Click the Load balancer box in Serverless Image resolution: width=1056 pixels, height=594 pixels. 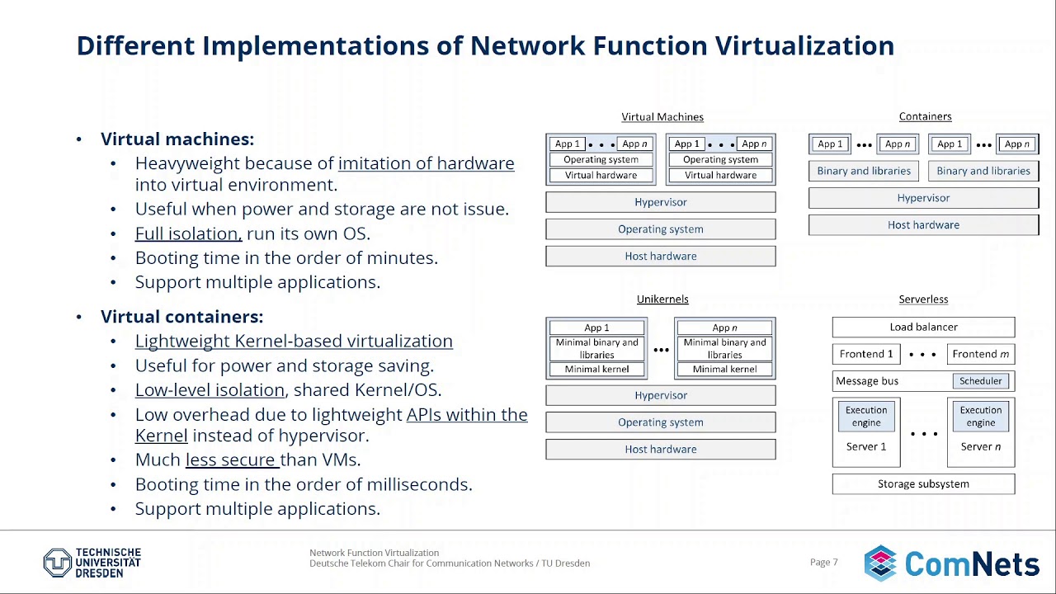click(x=923, y=328)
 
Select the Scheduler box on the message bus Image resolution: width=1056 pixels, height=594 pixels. click(x=980, y=381)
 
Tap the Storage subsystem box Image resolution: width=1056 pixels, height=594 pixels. click(x=923, y=484)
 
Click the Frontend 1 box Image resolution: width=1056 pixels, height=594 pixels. click(x=866, y=354)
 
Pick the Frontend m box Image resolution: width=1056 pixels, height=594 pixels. click(x=980, y=354)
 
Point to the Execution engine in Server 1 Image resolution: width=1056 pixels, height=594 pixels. click(x=866, y=417)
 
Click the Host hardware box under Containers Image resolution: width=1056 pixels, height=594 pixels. click(x=923, y=225)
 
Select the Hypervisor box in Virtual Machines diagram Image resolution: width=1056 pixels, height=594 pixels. click(x=660, y=202)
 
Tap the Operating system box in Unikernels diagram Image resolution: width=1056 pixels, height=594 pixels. click(x=660, y=422)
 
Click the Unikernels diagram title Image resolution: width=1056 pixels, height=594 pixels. click(x=662, y=299)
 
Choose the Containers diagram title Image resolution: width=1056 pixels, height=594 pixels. click(x=925, y=117)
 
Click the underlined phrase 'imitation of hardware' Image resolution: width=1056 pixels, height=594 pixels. click(x=426, y=163)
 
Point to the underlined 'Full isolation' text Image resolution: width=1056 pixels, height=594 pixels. click(x=188, y=233)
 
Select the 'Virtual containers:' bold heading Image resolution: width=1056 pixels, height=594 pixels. click(x=181, y=317)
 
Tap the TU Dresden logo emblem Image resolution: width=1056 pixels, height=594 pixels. click(x=57, y=563)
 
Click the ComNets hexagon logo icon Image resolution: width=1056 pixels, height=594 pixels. click(x=880, y=563)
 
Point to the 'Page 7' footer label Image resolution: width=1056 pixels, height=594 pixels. click(x=823, y=563)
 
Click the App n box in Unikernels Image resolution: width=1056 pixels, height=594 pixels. click(x=724, y=328)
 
